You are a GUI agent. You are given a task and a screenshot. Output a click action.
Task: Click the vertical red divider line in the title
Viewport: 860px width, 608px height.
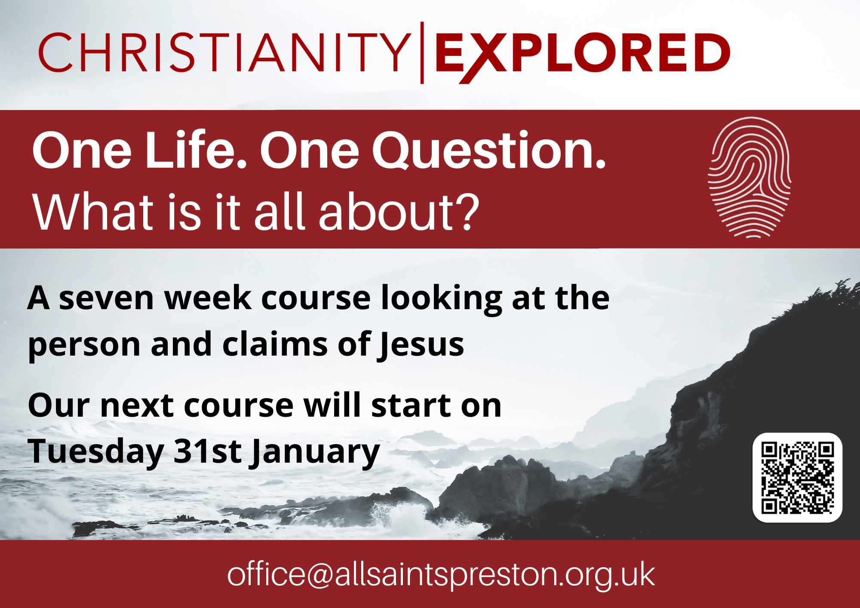[x=422, y=52]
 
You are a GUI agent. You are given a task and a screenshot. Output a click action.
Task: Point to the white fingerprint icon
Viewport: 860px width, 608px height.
[x=749, y=177]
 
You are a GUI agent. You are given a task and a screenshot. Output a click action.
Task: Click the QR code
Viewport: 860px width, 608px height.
[x=797, y=478]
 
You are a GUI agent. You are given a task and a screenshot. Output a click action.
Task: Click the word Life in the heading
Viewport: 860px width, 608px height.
[x=196, y=150]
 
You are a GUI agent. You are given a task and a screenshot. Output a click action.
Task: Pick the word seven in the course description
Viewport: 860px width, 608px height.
[x=106, y=298]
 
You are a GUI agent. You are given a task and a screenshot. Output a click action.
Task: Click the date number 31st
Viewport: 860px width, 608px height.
[x=208, y=451]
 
